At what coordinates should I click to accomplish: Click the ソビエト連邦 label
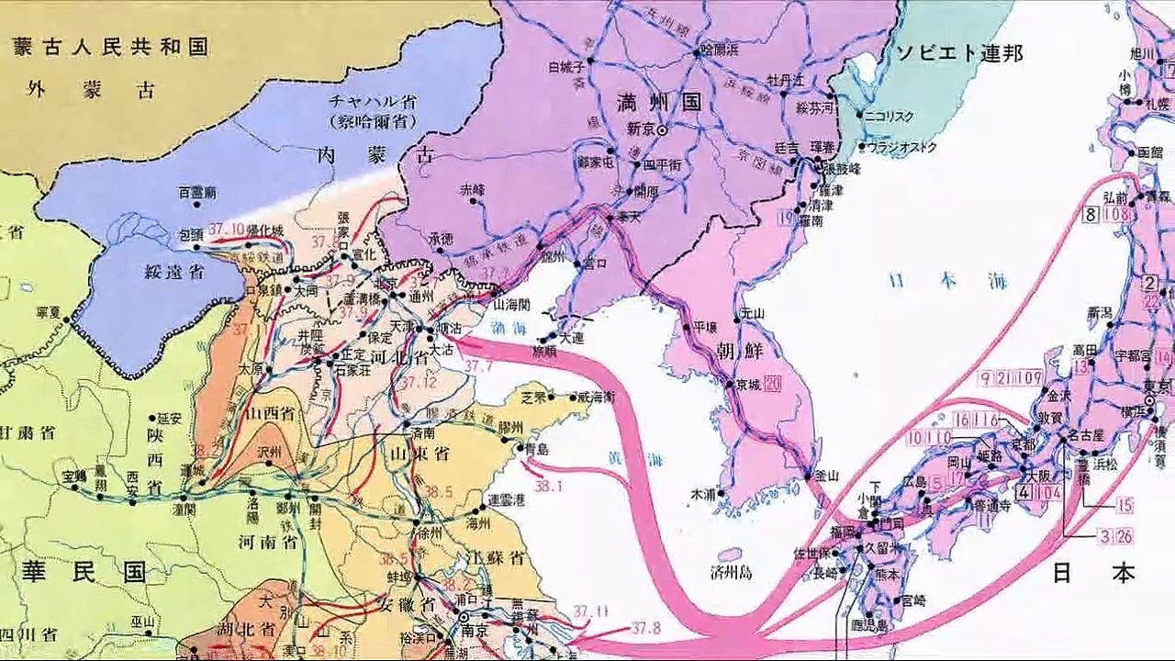(961, 52)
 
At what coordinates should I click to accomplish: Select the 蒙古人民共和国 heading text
(110, 47)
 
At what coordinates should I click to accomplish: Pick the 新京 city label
(639, 130)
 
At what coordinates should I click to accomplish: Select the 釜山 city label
(827, 475)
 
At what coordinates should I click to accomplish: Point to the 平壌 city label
(705, 326)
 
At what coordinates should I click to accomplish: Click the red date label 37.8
(646, 629)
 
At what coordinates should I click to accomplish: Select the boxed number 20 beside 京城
(771, 383)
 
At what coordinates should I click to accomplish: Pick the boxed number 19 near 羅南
(785, 218)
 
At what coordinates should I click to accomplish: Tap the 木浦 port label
(703, 494)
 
